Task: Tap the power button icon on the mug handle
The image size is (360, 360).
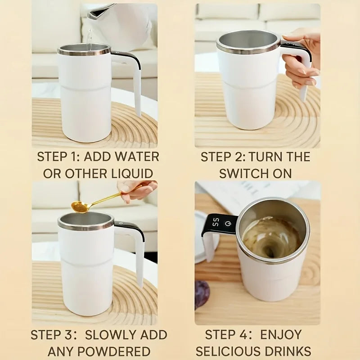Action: pyautogui.click(x=229, y=223)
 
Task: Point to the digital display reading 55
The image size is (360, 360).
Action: pyautogui.click(x=216, y=222)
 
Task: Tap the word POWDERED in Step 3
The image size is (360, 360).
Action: pyautogui.click(x=99, y=351)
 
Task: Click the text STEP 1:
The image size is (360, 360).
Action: pyautogui.click(x=59, y=157)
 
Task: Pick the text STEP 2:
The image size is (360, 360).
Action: pyautogui.click(x=222, y=157)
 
